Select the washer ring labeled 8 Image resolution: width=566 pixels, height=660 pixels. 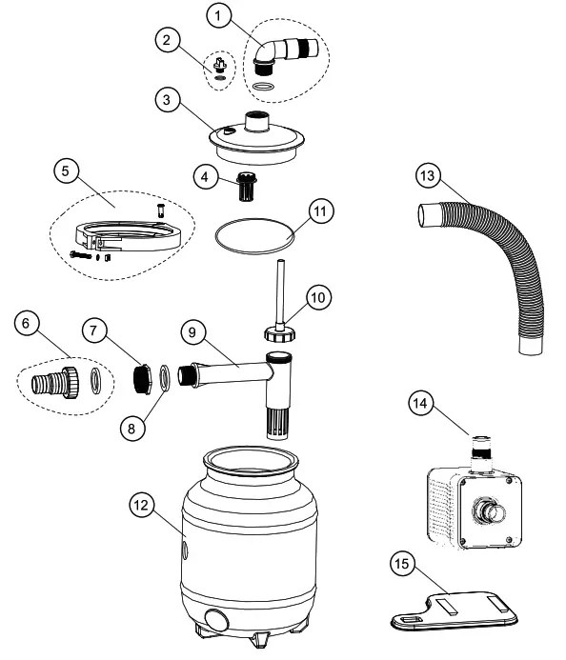(165, 378)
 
